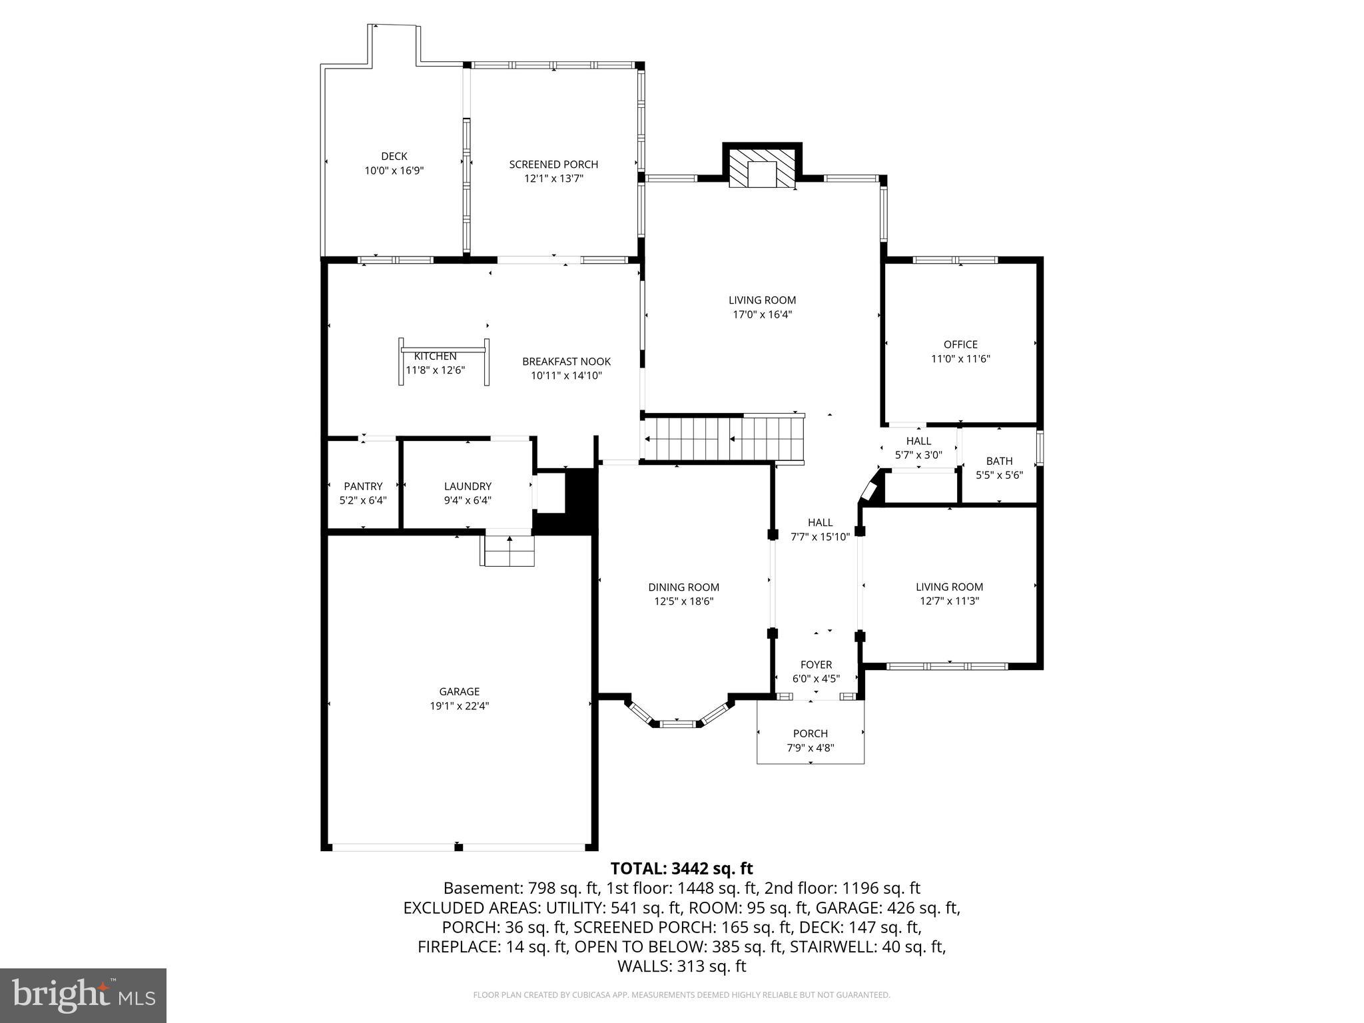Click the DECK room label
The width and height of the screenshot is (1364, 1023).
click(x=394, y=157)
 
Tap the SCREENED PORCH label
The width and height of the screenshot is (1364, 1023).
click(x=553, y=165)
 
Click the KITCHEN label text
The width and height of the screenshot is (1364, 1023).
click(x=435, y=357)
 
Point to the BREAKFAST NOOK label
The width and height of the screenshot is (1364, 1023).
click(x=566, y=362)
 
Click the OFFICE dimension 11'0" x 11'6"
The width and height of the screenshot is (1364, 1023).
click(x=960, y=359)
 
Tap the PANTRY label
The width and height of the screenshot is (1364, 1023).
click(x=363, y=486)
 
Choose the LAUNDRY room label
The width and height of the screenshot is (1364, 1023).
click(x=468, y=486)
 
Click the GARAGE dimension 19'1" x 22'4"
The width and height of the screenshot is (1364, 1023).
click(x=460, y=706)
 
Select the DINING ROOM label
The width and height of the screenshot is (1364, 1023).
click(x=683, y=587)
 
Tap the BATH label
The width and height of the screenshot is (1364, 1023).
click(x=999, y=461)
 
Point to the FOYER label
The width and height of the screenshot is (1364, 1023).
click(x=816, y=665)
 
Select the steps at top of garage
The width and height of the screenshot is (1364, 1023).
click(x=508, y=550)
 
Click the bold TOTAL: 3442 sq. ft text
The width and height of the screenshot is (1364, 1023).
click(x=681, y=868)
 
